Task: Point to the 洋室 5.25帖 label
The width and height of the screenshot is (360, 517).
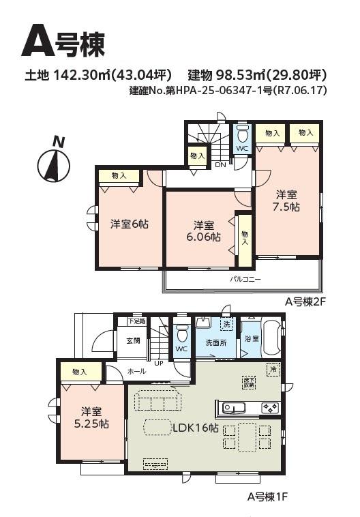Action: point(91,417)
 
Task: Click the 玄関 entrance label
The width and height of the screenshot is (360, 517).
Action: point(132,340)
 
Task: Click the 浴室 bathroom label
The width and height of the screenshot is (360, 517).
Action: point(251,339)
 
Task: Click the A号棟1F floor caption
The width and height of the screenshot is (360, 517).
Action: point(267,497)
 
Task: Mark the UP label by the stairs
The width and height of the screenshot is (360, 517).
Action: point(158,363)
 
